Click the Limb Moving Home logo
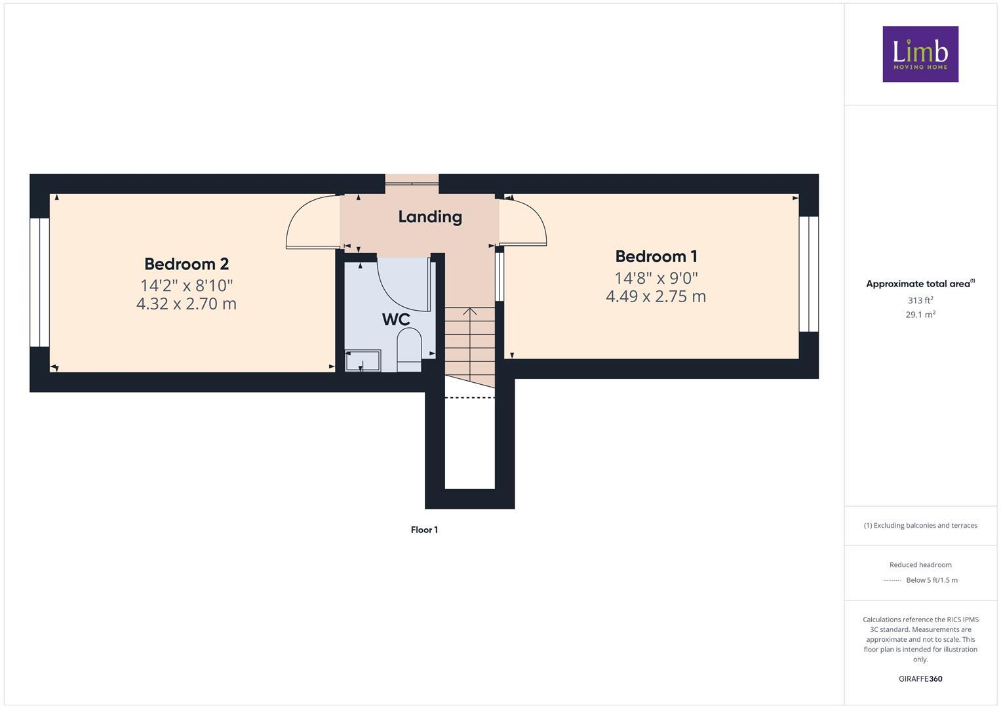click(920, 54)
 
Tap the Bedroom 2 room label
click(186, 264)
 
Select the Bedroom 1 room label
click(656, 256)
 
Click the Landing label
click(430, 217)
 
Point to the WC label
click(396, 320)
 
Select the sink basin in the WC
click(363, 361)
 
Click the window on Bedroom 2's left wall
click(39, 282)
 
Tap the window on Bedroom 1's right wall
click(809, 274)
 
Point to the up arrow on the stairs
click(470, 312)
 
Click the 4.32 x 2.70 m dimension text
click(186, 304)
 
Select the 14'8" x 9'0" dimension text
click(656, 277)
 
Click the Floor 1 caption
click(424, 530)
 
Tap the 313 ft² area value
click(920, 300)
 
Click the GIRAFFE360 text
click(920, 679)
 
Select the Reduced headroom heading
click(920, 564)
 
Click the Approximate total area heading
click(920, 284)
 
